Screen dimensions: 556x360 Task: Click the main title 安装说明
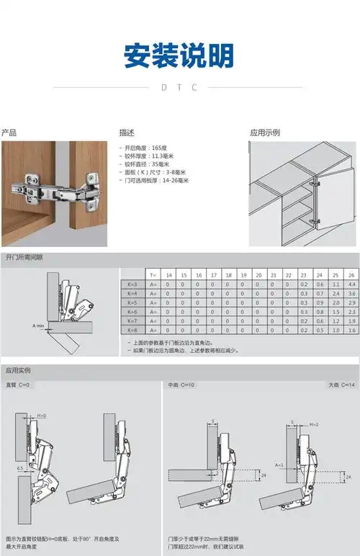click(x=179, y=55)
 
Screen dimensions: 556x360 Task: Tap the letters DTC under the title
click(x=179, y=87)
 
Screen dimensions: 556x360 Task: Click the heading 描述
click(x=127, y=133)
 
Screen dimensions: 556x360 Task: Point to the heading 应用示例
click(x=264, y=133)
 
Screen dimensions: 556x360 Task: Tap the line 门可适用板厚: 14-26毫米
click(x=154, y=181)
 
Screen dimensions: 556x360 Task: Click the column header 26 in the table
click(x=351, y=275)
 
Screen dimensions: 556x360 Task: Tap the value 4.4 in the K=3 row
click(x=351, y=284)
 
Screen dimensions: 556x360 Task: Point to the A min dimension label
click(x=39, y=326)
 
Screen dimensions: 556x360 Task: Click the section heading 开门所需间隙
click(x=24, y=257)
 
